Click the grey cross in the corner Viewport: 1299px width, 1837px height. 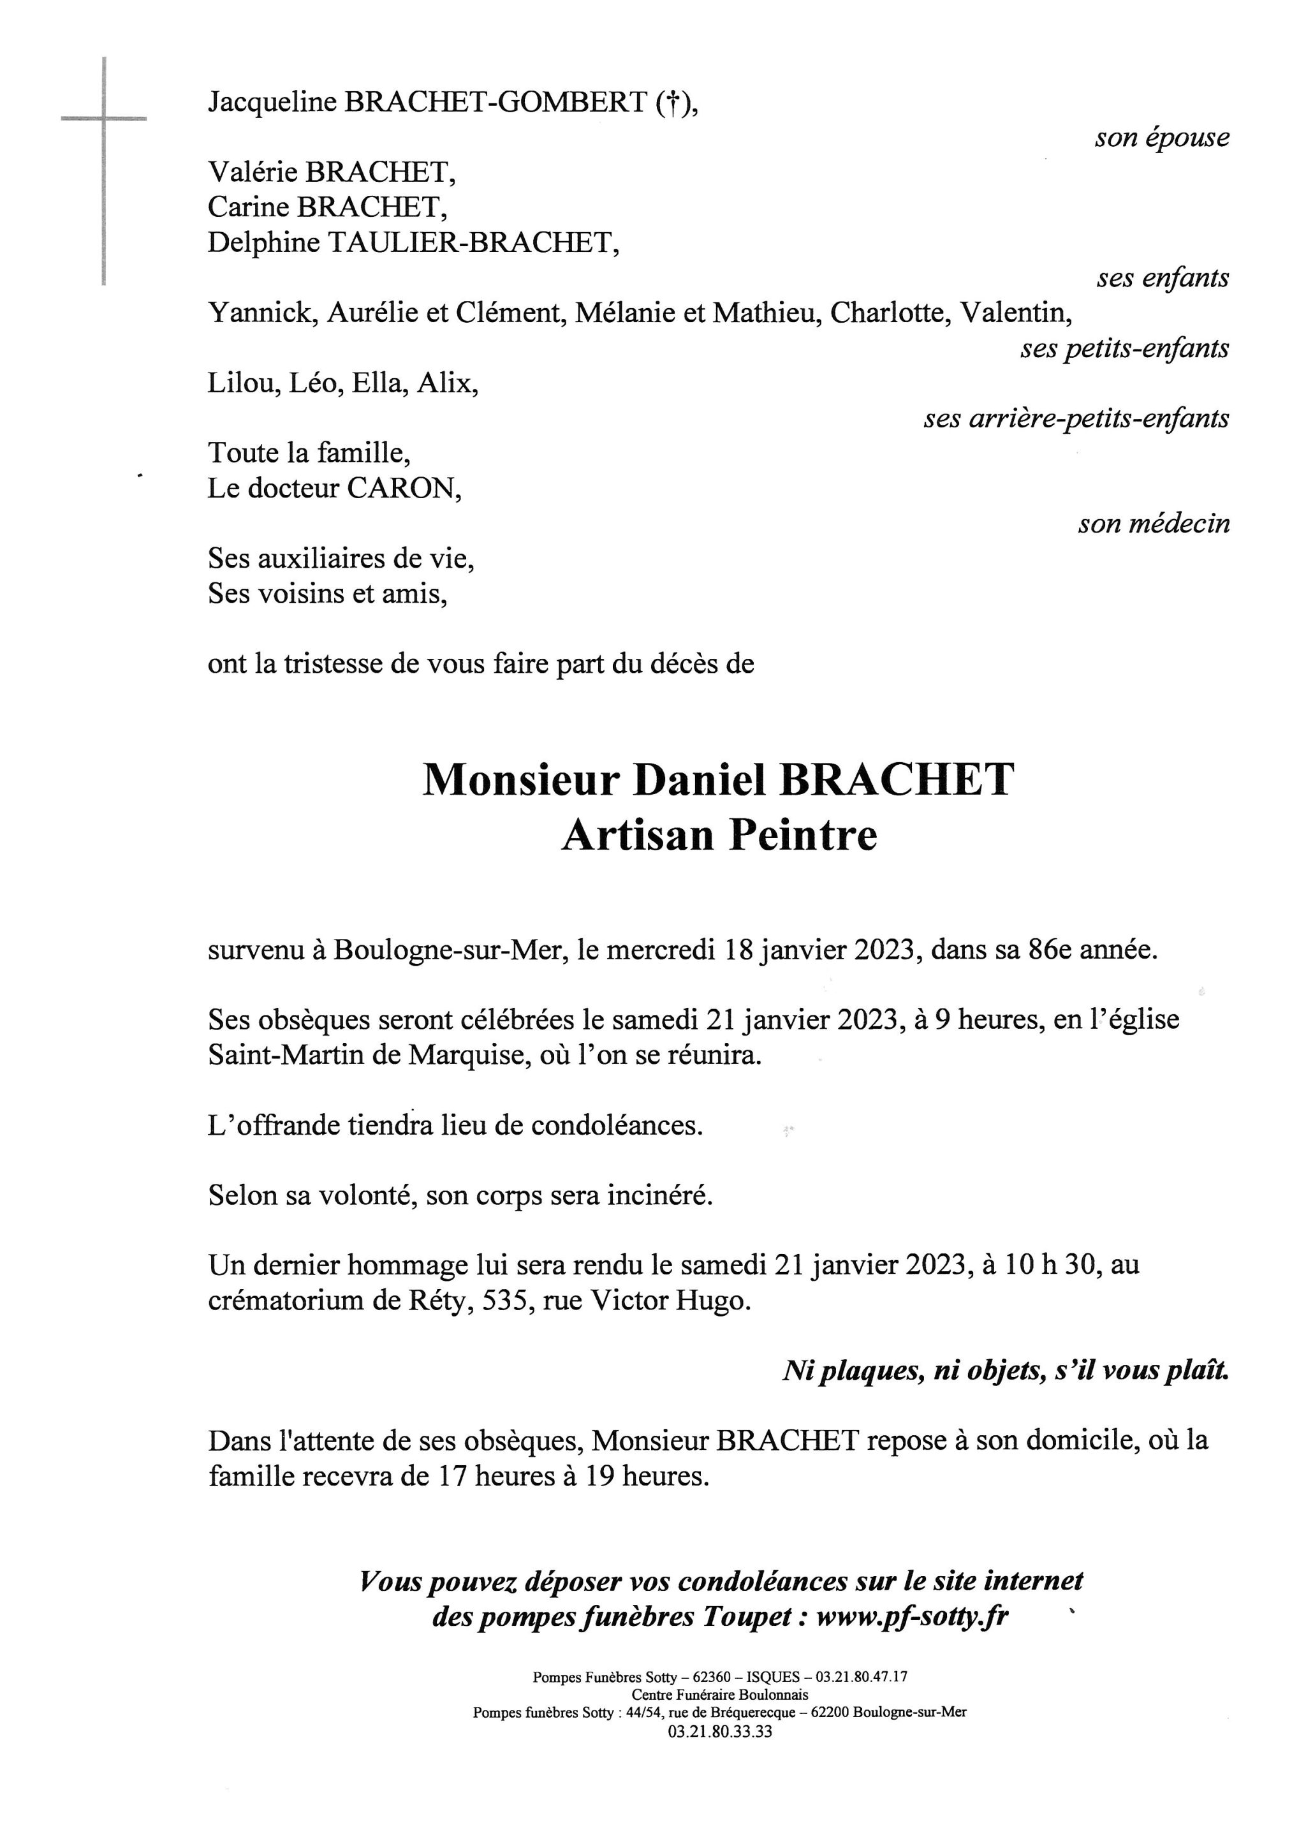[x=104, y=120]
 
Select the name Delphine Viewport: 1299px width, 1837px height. [x=264, y=242]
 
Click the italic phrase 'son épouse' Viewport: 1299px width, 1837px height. [x=1161, y=138]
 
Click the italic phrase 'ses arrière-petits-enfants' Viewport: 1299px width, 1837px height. [x=1076, y=418]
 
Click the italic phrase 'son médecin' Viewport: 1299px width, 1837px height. [x=1154, y=524]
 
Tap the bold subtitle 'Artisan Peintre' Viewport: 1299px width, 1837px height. [x=719, y=836]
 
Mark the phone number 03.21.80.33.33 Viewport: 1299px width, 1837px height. [x=720, y=1732]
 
